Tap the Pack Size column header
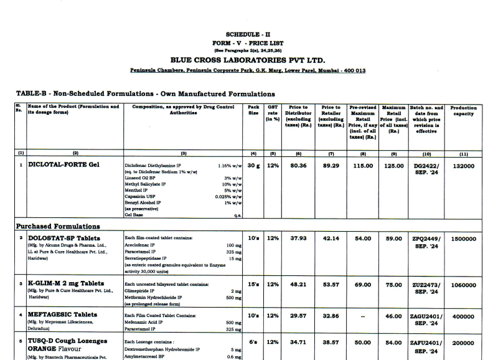point(253,110)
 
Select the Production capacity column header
point(463,110)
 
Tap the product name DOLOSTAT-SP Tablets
point(65,238)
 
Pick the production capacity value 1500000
point(463,239)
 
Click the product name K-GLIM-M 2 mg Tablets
point(66,283)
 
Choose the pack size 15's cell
point(253,284)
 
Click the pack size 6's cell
point(253,343)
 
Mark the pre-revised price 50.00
point(363,343)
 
